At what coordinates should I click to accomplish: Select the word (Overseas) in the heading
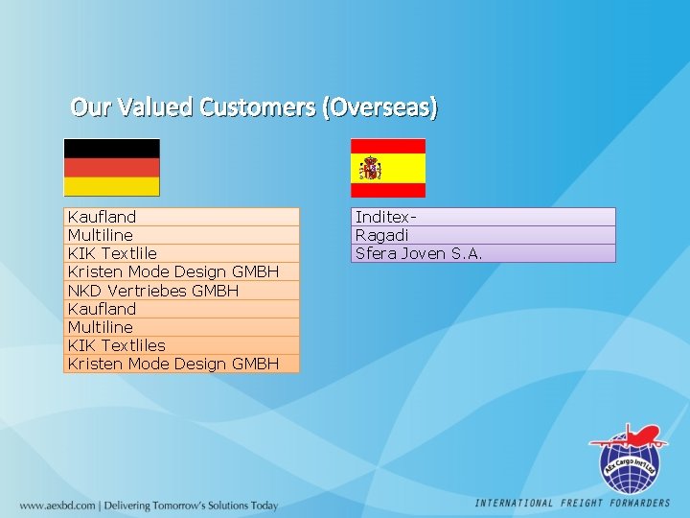(x=380, y=106)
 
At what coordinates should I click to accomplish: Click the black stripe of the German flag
(x=111, y=148)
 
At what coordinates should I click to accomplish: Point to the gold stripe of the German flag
(x=111, y=186)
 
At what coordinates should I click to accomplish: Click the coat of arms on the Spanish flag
(x=371, y=169)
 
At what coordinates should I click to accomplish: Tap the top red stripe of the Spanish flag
(x=387, y=145)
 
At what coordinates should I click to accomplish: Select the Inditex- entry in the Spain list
(x=386, y=217)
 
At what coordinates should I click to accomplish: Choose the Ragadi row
(x=382, y=235)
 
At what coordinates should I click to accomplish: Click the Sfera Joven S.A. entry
(x=419, y=253)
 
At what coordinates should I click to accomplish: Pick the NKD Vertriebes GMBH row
(x=153, y=290)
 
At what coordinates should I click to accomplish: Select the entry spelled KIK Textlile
(x=112, y=253)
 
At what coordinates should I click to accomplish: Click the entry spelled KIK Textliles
(x=116, y=344)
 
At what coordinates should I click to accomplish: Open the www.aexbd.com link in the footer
(x=57, y=506)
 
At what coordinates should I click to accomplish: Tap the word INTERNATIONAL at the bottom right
(x=515, y=503)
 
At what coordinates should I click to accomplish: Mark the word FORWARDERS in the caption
(x=638, y=503)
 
